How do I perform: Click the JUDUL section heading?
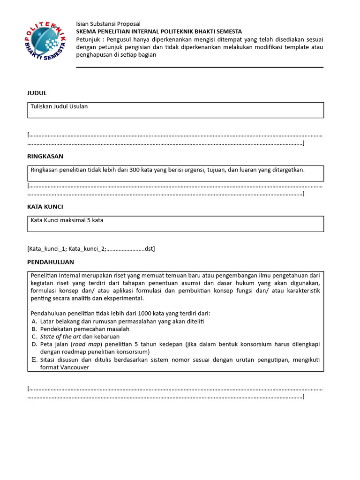point(37,93)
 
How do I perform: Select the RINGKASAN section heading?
point(45,156)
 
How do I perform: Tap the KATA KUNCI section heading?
point(45,207)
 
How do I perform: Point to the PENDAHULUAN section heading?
point(51,262)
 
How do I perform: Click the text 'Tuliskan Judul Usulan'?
point(59,106)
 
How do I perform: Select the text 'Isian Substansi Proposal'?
point(108,24)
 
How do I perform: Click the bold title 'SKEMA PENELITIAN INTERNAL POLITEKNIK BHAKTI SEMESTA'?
point(159,31)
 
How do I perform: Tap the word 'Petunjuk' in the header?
point(88,39)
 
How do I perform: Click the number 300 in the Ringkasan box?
point(133,170)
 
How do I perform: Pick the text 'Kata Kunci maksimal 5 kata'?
point(67,220)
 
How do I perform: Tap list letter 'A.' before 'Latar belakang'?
point(34,321)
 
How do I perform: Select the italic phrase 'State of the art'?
point(60,337)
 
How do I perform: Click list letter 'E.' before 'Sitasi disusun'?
point(34,360)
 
